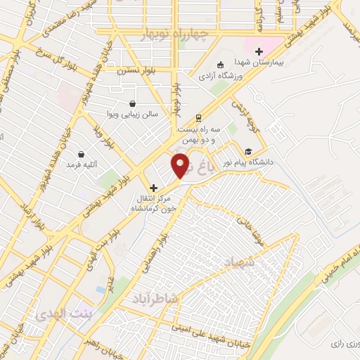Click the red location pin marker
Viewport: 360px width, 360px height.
pos(181,166)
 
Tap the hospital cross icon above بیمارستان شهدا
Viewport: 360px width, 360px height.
pos(259,51)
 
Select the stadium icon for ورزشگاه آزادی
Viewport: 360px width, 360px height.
pos(219,65)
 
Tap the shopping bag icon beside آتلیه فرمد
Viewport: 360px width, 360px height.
pos(82,154)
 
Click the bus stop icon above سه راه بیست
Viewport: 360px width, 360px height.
pos(199,118)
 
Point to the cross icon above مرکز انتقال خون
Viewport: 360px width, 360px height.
pos(154,188)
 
